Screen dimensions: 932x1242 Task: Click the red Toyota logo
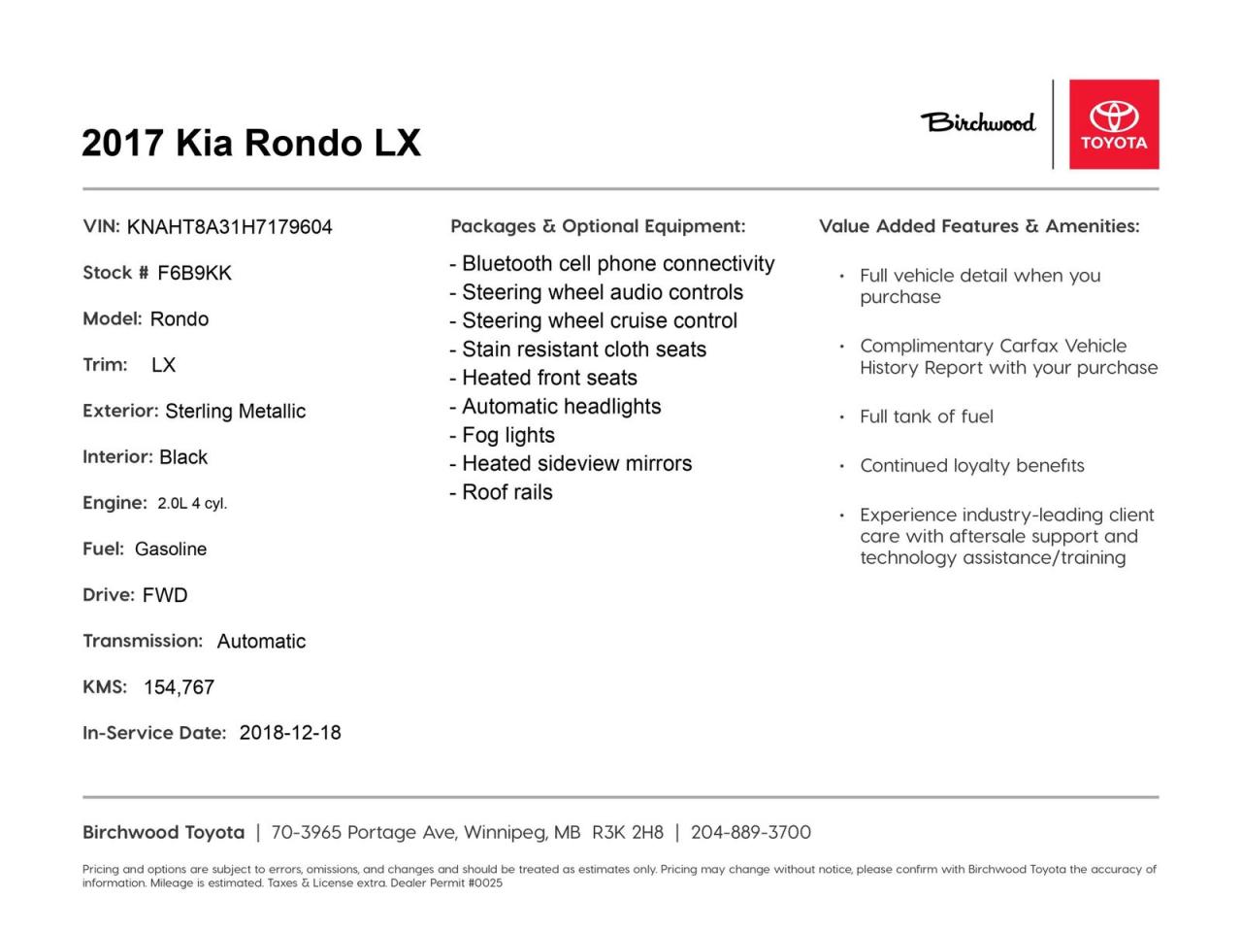1114,124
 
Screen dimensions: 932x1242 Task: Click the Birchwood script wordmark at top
978,122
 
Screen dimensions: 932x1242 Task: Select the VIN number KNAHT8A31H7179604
229,227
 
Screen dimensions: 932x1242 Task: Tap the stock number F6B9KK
194,273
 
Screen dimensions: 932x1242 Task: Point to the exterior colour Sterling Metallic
235,411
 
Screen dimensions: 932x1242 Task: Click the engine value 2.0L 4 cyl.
192,503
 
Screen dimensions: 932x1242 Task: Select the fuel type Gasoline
171,549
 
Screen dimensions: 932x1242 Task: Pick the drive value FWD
165,595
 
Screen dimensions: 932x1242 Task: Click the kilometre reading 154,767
179,687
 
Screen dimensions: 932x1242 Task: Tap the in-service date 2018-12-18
290,733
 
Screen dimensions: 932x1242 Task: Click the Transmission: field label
143,641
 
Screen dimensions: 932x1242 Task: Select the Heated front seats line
543,378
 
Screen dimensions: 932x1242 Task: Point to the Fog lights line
503,435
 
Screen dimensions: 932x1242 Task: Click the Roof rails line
501,492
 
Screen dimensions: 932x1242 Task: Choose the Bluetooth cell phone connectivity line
612,263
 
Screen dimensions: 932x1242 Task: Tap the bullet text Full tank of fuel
926,416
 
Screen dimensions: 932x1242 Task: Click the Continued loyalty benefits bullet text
971,466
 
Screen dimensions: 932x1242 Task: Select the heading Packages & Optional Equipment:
598,226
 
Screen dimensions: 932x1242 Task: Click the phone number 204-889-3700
750,832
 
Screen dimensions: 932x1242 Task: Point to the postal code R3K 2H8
628,832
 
